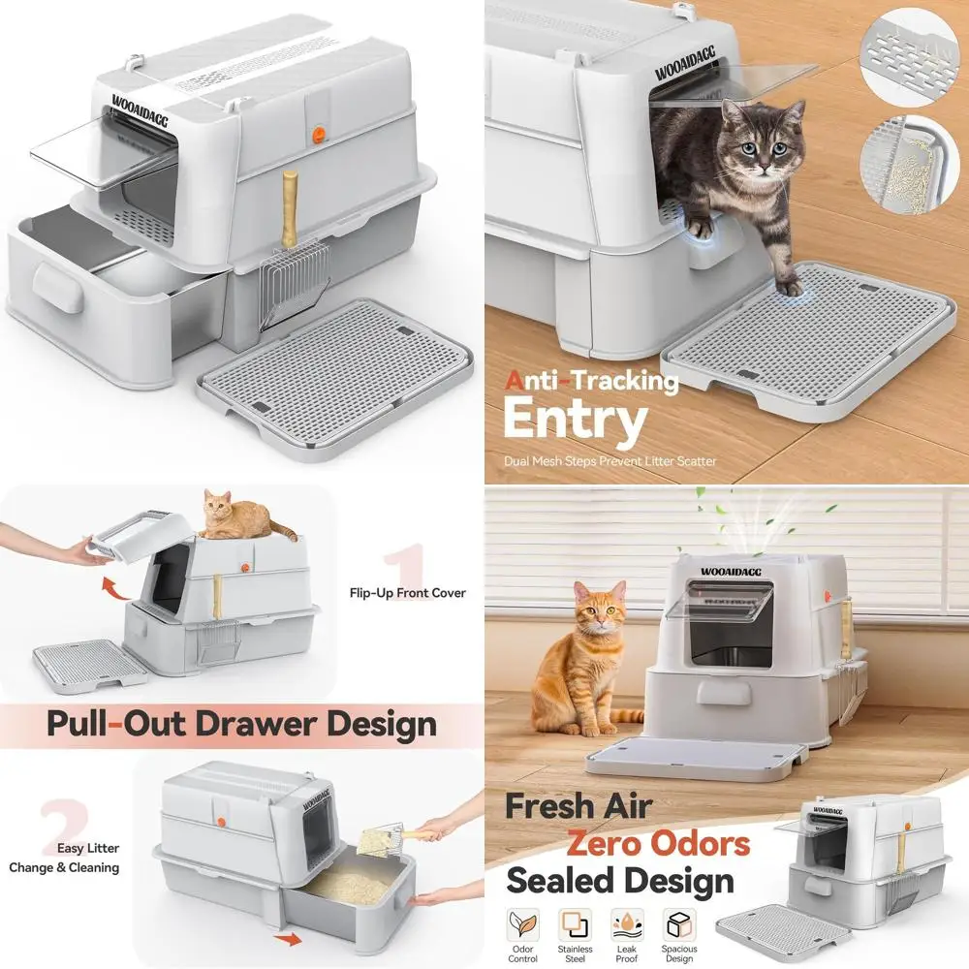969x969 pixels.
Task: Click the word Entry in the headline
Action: [575, 421]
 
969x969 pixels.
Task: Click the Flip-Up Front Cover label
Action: [407, 593]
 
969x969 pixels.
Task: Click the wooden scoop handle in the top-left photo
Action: [289, 207]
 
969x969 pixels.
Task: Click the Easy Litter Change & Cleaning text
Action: [66, 858]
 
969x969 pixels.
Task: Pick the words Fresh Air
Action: [579, 804]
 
